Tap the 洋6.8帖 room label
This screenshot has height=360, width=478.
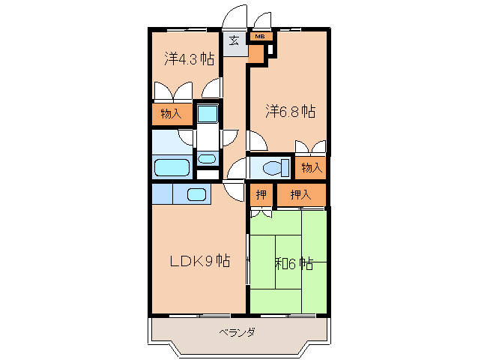click(x=289, y=112)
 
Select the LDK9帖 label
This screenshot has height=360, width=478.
click(x=199, y=262)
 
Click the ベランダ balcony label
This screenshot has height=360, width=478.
click(x=238, y=332)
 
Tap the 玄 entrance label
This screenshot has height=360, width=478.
click(x=234, y=40)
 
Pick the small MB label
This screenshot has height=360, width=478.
click(x=259, y=36)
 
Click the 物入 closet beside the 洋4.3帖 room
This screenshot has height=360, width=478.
click(x=171, y=114)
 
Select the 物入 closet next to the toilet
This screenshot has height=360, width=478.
click(x=311, y=167)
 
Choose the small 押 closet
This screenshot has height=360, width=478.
click(x=261, y=195)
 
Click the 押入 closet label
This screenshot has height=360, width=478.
click(x=300, y=195)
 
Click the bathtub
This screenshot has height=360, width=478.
click(x=171, y=166)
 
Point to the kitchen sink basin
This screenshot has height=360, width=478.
click(x=197, y=194)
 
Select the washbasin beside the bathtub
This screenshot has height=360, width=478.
click(x=207, y=158)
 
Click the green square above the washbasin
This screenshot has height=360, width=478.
click(x=208, y=115)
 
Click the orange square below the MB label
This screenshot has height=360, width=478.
click(x=256, y=53)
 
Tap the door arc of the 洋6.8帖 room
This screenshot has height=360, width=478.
click(x=257, y=139)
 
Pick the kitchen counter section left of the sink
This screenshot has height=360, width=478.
click(x=161, y=193)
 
